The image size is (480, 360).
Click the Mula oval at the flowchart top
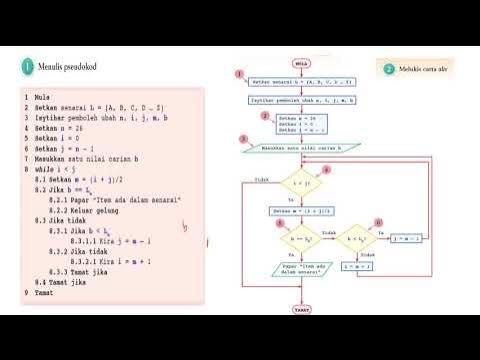pyautogui.click(x=301, y=61)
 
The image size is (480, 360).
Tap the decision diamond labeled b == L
pyautogui.click(x=301, y=240)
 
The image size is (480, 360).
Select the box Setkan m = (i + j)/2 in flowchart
pyautogui.click(x=301, y=212)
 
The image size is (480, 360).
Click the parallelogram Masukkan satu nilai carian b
pyautogui.click(x=301, y=148)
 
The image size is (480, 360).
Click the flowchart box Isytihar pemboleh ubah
pyautogui.click(x=301, y=100)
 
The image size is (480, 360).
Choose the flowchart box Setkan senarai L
pyautogui.click(x=301, y=78)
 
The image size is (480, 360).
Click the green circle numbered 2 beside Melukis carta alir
pyautogui.click(x=389, y=69)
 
